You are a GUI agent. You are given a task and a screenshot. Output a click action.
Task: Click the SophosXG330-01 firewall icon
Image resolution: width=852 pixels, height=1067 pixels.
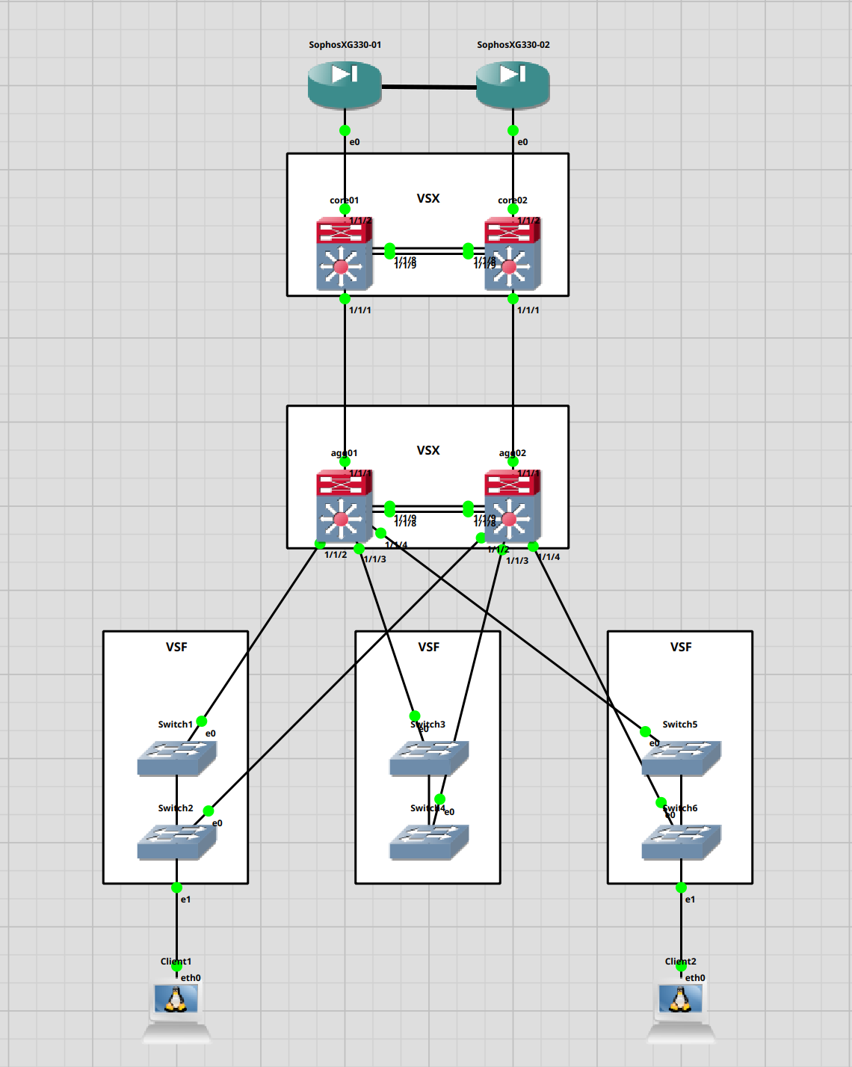click(345, 84)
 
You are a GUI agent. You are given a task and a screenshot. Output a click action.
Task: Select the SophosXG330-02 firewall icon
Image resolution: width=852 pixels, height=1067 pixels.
click(513, 84)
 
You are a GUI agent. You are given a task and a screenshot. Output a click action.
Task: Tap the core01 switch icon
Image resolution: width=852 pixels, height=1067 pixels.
click(344, 254)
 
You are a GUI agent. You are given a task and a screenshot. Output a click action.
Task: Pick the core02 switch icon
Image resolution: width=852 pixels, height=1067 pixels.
click(512, 254)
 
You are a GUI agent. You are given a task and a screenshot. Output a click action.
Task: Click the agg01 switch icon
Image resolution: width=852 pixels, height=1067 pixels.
click(344, 506)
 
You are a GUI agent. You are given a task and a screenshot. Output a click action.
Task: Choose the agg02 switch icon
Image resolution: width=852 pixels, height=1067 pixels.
click(512, 506)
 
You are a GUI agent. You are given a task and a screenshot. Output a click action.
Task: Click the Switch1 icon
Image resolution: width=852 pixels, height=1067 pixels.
click(176, 758)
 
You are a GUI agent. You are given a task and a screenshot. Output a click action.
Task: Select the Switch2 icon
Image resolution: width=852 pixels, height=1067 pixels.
click(176, 842)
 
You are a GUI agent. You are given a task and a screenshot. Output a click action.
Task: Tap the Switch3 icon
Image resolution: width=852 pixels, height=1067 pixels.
click(428, 758)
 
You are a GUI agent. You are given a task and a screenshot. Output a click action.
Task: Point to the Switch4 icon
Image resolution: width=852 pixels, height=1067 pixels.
click(428, 842)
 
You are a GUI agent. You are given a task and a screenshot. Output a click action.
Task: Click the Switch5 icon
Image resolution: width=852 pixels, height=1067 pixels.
click(681, 758)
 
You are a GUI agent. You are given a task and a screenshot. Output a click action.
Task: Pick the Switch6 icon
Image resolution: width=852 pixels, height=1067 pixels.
click(681, 842)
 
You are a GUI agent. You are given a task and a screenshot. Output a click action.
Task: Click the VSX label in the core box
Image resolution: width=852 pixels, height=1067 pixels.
click(428, 198)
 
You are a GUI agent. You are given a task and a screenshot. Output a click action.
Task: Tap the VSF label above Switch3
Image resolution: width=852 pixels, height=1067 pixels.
click(428, 647)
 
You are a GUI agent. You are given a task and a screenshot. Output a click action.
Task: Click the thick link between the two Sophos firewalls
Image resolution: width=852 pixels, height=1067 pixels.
click(429, 87)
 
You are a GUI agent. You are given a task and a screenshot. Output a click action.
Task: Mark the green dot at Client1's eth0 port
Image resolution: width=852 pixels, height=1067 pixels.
click(176, 967)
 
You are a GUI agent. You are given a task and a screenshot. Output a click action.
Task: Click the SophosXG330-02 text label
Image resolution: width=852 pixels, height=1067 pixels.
click(513, 45)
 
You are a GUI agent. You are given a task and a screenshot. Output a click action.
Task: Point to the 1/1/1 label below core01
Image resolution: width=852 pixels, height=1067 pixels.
click(360, 310)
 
